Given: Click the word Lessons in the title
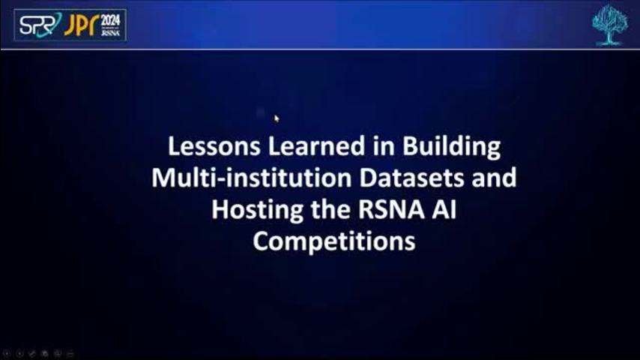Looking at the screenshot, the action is (x=214, y=146).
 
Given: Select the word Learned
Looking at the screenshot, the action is (x=316, y=146).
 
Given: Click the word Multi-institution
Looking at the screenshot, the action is (x=252, y=178).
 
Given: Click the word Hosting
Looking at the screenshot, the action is (x=257, y=211).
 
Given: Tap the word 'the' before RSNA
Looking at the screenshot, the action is (x=330, y=210).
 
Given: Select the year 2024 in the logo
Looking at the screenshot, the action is (x=110, y=20).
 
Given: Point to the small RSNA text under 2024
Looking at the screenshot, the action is (x=110, y=33).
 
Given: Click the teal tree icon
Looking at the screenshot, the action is (x=610, y=25).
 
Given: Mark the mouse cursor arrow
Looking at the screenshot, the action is (x=277, y=119).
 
